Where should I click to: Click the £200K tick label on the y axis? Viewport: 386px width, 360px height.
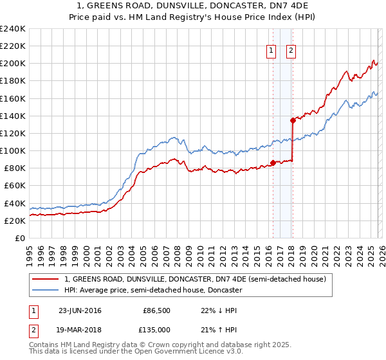pyautogui.click(x=13, y=64)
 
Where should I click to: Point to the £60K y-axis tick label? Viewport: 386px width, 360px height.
pyautogui.click(x=15, y=186)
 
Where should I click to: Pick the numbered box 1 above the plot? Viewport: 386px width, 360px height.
pyautogui.click(x=271, y=52)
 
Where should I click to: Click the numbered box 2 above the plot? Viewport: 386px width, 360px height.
pyautogui.click(x=291, y=52)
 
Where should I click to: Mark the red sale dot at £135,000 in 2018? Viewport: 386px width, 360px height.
pyautogui.click(x=293, y=120)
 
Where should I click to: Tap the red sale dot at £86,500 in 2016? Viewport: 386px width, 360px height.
pyautogui.click(x=273, y=163)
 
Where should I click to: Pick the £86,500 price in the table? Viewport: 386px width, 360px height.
pyautogui.click(x=155, y=310)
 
